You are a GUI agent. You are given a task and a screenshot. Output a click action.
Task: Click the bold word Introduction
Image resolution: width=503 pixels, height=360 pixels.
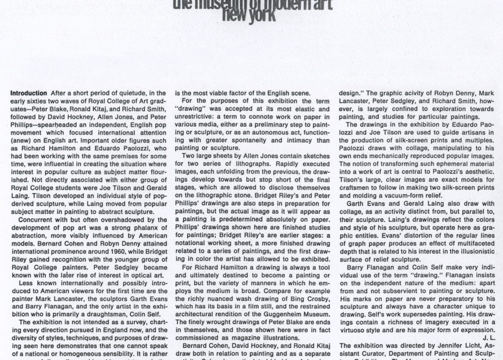tap(29, 94)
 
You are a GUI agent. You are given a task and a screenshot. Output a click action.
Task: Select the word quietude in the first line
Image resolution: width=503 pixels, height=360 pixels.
tap(128, 94)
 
